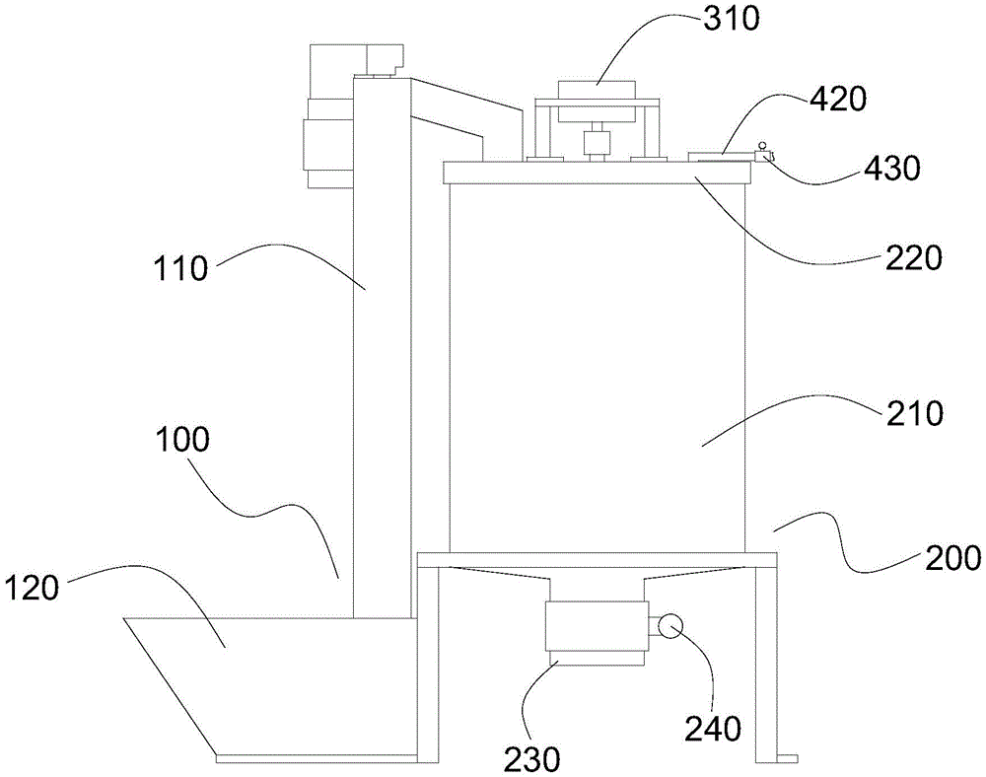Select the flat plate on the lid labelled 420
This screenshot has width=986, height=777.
tap(720, 156)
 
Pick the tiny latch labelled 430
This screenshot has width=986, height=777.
tap(763, 153)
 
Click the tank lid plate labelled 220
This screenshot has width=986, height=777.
tap(597, 173)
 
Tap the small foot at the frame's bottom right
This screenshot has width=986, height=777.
tap(786, 757)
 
